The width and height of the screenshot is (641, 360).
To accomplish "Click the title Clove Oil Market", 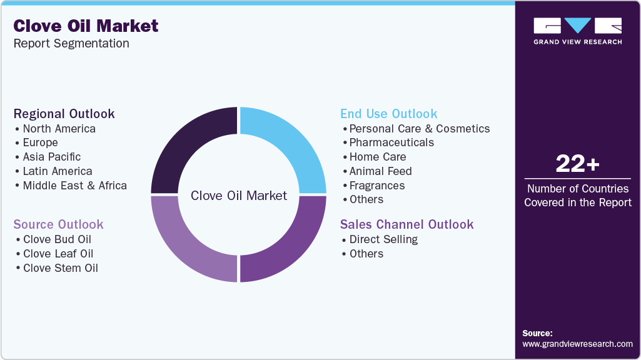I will [x=86, y=26].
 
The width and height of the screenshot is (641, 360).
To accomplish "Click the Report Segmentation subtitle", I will [x=71, y=44].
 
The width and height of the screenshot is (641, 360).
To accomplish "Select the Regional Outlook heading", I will [x=64, y=114].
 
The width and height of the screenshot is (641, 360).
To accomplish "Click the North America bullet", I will [x=59, y=129].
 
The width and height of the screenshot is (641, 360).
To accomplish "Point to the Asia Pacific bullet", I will [x=51, y=157].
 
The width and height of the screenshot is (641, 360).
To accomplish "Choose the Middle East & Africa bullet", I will [x=74, y=186].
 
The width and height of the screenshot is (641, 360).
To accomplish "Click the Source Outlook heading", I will [x=58, y=224].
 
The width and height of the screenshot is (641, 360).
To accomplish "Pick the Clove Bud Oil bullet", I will [x=57, y=239].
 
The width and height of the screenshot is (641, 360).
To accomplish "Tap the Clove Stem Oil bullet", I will [x=60, y=268].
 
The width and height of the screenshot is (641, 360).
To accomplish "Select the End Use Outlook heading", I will [x=388, y=114].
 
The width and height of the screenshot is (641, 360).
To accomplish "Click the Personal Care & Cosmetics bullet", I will [x=419, y=129].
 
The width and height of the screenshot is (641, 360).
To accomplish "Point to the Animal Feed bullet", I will [x=380, y=171].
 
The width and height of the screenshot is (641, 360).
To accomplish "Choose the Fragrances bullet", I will [x=376, y=186].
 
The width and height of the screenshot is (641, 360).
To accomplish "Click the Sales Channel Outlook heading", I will [x=406, y=224].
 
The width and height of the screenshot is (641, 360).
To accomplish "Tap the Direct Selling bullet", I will [x=383, y=239].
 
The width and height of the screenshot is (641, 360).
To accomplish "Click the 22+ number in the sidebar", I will [x=577, y=164].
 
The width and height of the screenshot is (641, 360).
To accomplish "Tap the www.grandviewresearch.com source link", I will [x=577, y=344].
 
